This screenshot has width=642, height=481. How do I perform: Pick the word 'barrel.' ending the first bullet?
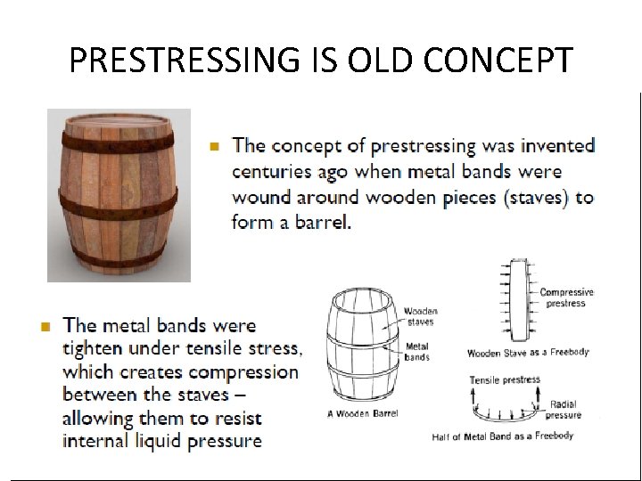click(x=326, y=223)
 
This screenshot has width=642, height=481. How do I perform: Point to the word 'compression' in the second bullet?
click(x=243, y=372)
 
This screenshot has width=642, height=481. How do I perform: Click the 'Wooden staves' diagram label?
click(x=420, y=316)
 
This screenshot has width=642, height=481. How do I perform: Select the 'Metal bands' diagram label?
click(x=417, y=352)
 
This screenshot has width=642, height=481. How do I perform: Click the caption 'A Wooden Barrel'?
click(x=363, y=413)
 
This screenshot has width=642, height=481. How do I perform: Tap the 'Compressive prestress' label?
click(x=565, y=298)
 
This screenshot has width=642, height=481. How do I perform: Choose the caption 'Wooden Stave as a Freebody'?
click(x=528, y=353)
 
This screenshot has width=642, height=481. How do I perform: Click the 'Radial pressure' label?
click(x=563, y=410)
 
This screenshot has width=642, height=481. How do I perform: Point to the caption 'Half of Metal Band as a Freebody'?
click(x=502, y=436)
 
